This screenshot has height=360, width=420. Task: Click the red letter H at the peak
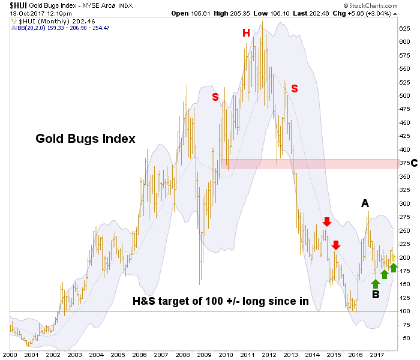[246, 33]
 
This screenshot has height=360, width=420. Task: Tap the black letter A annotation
[365, 204]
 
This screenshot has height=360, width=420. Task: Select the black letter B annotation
[376, 295]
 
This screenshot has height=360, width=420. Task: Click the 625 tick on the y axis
[404, 28]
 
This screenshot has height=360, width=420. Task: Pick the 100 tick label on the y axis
[404, 311]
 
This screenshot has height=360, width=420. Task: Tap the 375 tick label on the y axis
[404, 163]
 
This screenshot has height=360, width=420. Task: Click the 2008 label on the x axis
[182, 354]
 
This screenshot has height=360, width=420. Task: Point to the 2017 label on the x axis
[377, 354]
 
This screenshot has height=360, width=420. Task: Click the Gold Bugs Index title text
[86, 139]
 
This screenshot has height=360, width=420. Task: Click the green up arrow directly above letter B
[376, 283]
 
